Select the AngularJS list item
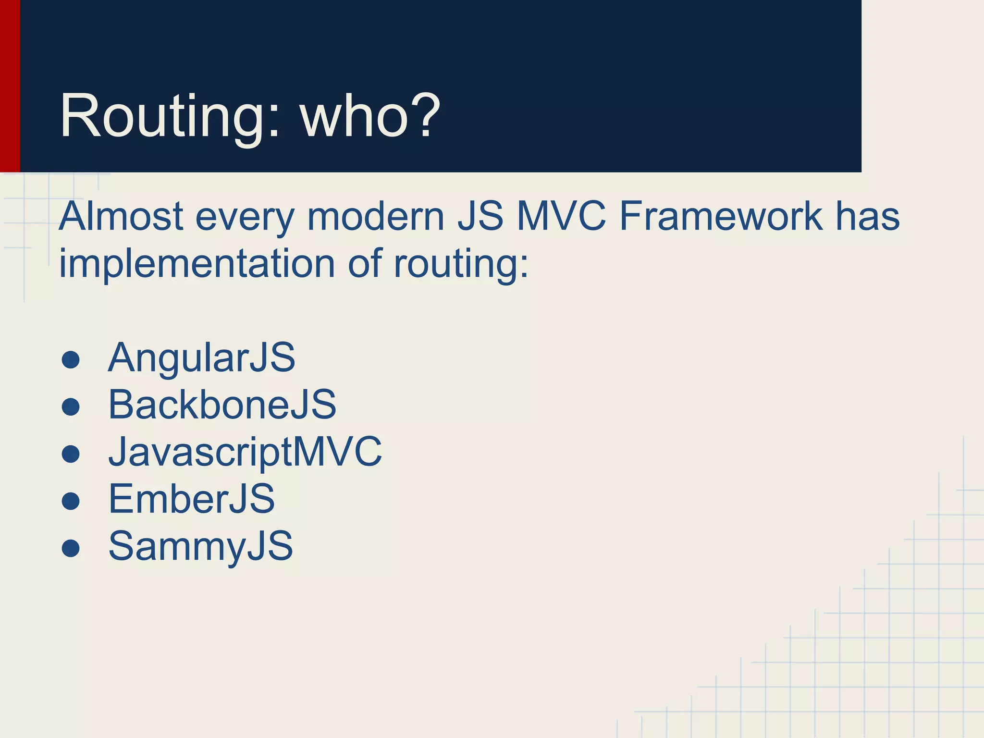[x=201, y=357]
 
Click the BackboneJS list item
[x=222, y=405]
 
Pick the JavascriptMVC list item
[x=245, y=452]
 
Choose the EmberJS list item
[x=192, y=499]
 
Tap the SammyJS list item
[x=200, y=546]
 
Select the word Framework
[x=721, y=216]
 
